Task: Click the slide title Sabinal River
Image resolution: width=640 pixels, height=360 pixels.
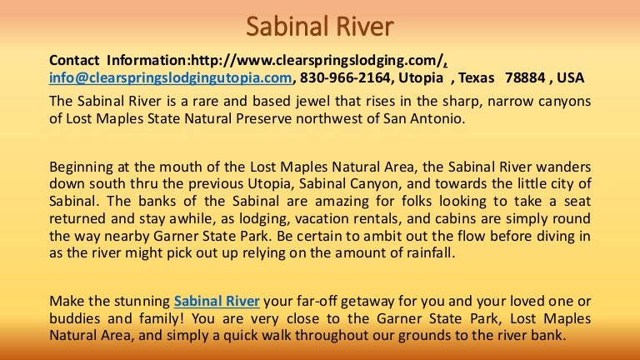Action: coord(320,27)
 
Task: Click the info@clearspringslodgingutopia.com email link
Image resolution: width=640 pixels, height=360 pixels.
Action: coord(171,77)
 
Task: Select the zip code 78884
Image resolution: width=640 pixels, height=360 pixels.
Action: coord(525,77)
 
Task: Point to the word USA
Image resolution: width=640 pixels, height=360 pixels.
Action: coord(571,77)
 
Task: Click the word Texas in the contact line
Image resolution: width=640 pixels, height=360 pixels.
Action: coord(477,77)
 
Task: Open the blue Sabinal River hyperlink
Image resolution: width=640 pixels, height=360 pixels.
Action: coord(217,301)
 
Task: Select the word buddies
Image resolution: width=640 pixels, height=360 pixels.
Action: coord(75,318)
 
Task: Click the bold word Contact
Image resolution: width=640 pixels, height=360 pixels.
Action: coord(74,60)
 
